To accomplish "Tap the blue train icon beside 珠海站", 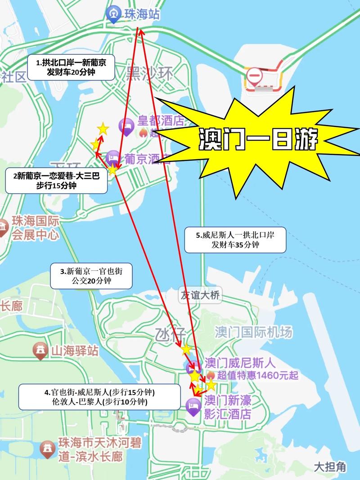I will coord(112,14).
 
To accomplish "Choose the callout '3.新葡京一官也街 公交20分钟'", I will coord(91,276).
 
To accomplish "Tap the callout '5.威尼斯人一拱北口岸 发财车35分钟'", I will coord(235,239).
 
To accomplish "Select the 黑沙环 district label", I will coord(149,73).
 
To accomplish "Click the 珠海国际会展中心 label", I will coord(35,228).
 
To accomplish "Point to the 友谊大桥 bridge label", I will coord(200,296).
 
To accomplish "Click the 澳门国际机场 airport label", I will coord(253,332).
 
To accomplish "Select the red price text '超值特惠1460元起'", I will coord(257,375).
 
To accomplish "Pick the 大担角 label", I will coord(330,467).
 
